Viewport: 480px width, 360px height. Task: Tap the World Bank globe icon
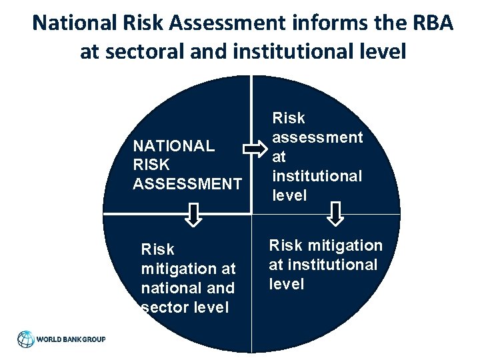[x=25, y=339]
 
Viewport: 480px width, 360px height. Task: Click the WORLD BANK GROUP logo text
[x=71, y=339]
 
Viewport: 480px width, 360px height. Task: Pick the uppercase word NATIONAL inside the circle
[x=173, y=146]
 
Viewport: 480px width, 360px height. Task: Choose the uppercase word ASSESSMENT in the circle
[x=187, y=183]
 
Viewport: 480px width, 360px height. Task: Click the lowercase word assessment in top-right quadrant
[x=317, y=137]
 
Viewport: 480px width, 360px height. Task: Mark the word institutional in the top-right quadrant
[x=317, y=176]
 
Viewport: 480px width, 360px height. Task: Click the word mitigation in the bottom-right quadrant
[x=345, y=245]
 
